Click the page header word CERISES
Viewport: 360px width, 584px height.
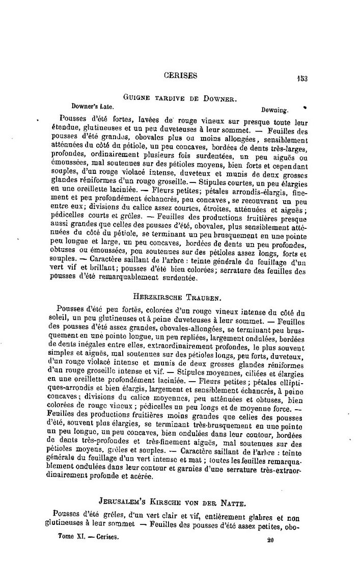(181, 76)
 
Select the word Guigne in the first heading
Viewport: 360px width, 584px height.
(135, 97)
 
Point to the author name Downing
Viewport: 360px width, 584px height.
(275, 109)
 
